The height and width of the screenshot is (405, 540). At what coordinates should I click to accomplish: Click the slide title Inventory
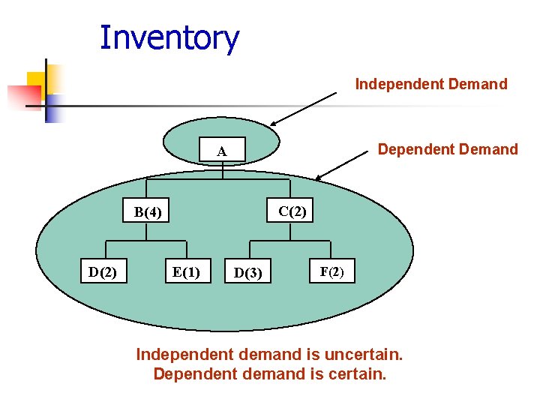(169, 37)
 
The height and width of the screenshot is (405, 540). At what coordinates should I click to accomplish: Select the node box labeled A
(222, 151)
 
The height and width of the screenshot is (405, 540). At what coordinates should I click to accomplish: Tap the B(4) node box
(147, 212)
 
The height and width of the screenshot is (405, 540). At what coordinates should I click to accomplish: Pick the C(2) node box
(292, 211)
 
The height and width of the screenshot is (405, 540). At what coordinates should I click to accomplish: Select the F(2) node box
(331, 271)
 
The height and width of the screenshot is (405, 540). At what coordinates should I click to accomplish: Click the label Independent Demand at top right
(431, 84)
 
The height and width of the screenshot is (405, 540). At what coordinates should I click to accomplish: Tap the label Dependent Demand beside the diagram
(448, 149)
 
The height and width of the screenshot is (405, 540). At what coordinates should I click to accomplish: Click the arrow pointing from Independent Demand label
(304, 109)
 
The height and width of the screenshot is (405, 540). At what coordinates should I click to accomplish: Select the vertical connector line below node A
(223, 170)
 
